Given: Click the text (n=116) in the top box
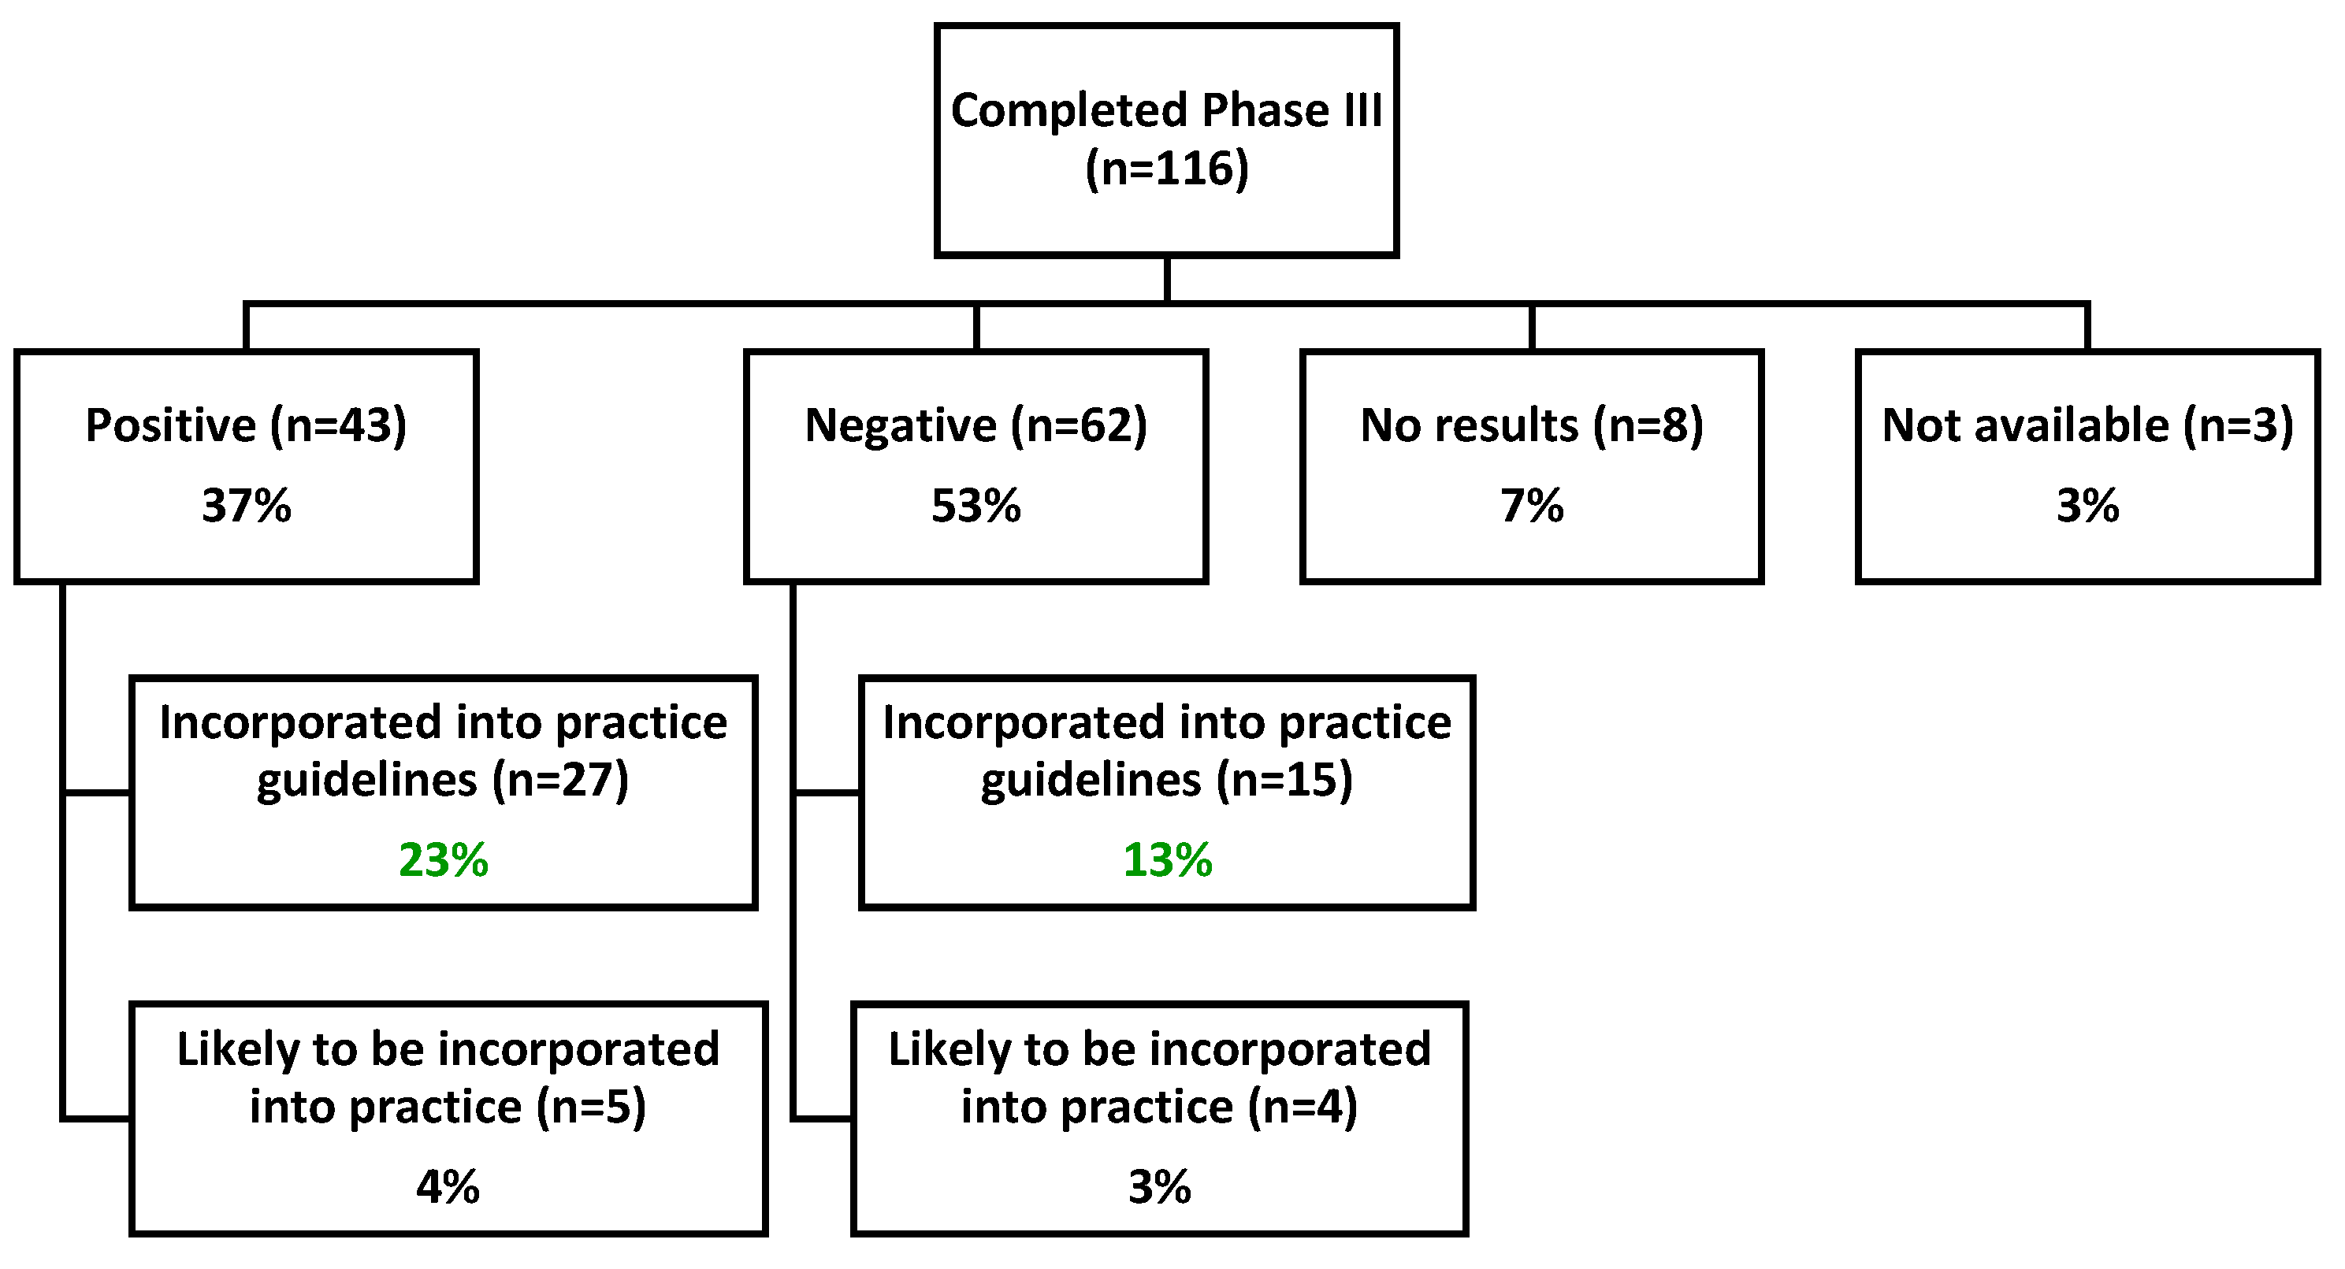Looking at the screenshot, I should point(1166,169).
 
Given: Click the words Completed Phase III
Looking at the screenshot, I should point(1166,110).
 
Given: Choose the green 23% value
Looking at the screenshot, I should point(444,859).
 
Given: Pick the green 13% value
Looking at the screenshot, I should point(1167,859).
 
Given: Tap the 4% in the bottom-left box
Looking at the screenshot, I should point(448,1186).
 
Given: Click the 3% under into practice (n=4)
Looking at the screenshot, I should point(1159,1186).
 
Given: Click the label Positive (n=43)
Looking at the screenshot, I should point(247,425).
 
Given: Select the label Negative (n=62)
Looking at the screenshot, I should point(976,425).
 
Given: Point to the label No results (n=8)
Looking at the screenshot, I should point(1531,425).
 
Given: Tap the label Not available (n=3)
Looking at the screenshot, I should point(2087,425).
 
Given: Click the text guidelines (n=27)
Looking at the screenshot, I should point(444,780).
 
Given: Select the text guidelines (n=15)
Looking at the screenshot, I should point(1167,780).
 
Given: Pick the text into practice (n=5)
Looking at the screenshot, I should point(448,1107).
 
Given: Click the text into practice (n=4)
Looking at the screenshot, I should point(1159,1107).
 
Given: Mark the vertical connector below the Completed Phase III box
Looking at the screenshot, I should point(1166,280).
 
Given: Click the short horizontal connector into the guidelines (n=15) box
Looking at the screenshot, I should point(827,793).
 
